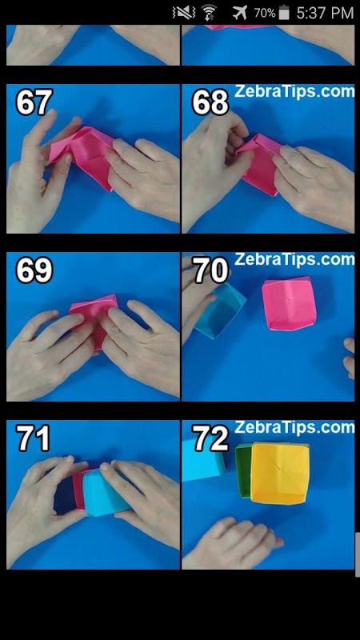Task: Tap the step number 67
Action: click(34, 102)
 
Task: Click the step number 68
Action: click(210, 102)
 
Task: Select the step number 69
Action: click(34, 270)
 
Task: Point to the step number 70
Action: click(210, 270)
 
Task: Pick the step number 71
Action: click(33, 438)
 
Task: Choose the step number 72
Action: click(210, 438)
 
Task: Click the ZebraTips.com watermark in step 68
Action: click(294, 90)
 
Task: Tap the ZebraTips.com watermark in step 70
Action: click(294, 259)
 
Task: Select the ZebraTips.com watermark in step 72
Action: click(294, 427)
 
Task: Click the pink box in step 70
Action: click(289, 303)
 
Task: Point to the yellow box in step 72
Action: click(279, 473)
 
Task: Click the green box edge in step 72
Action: click(243, 471)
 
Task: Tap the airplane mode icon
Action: click(240, 13)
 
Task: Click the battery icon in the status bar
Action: click(284, 13)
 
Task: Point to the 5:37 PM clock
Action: click(325, 13)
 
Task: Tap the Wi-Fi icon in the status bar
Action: click(210, 13)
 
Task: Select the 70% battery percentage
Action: click(265, 14)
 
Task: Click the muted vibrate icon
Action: click(183, 13)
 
